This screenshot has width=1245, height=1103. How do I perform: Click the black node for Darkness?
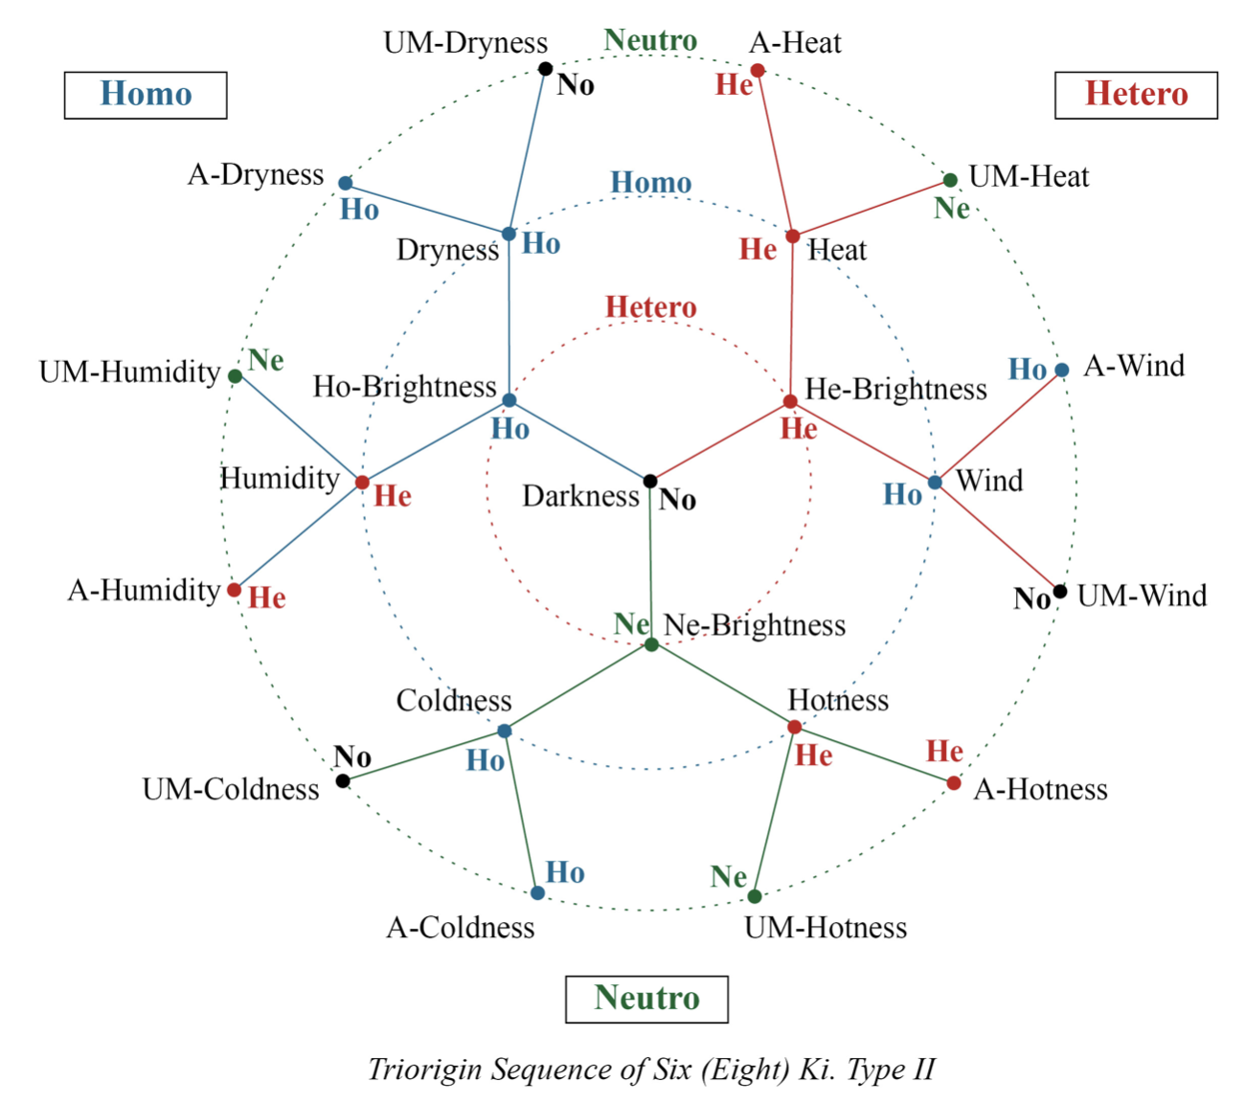650,481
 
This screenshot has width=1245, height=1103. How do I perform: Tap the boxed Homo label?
146,95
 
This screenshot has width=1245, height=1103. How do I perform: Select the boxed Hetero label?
1136,95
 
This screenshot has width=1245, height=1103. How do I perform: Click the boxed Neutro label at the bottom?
646,999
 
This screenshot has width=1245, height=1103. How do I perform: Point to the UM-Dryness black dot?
545,68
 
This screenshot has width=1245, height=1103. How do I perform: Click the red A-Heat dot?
758,70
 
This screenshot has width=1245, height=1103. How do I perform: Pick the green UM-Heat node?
950,180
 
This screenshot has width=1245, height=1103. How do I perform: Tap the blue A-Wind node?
1061,370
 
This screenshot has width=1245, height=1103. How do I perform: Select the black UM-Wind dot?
1060,592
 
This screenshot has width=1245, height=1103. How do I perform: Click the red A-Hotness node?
954,783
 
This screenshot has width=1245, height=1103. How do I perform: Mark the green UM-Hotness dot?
755,896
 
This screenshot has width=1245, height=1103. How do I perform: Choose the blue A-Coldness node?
537,893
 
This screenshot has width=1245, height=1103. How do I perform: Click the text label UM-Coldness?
231,790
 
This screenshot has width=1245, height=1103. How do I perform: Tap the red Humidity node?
362,482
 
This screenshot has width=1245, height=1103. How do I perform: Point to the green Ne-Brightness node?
651,644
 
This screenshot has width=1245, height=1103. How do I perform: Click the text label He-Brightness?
895,389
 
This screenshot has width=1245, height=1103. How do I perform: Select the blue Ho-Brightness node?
509,400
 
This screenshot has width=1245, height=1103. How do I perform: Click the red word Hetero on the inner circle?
651,307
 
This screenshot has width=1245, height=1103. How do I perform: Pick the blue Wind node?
935,482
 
